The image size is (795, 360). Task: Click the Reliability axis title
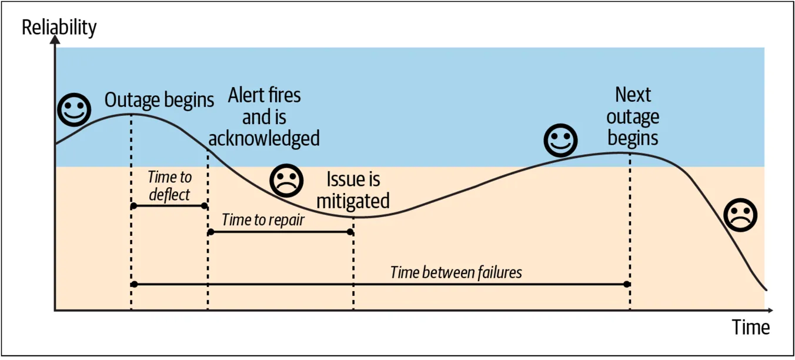[59, 27]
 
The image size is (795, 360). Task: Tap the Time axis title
[751, 327]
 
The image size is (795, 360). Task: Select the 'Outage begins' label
[159, 100]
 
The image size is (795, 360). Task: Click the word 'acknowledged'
[264, 138]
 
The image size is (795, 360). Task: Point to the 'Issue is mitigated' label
[353, 190]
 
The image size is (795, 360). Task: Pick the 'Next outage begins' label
[633, 116]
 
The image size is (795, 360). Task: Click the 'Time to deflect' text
[169, 185]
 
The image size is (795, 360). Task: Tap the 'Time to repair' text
[263, 220]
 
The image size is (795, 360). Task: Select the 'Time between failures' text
[456, 272]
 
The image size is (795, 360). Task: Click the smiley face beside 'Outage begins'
[74, 110]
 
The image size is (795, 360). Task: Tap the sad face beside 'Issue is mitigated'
[286, 180]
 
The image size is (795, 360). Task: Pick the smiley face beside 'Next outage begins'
[560, 141]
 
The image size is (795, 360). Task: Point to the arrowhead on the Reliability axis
[55, 40]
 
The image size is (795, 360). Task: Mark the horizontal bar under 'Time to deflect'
[169, 206]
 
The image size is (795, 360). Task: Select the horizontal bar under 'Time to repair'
[280, 232]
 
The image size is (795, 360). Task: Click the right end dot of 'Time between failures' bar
[627, 284]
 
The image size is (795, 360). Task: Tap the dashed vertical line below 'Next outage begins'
[630, 235]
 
